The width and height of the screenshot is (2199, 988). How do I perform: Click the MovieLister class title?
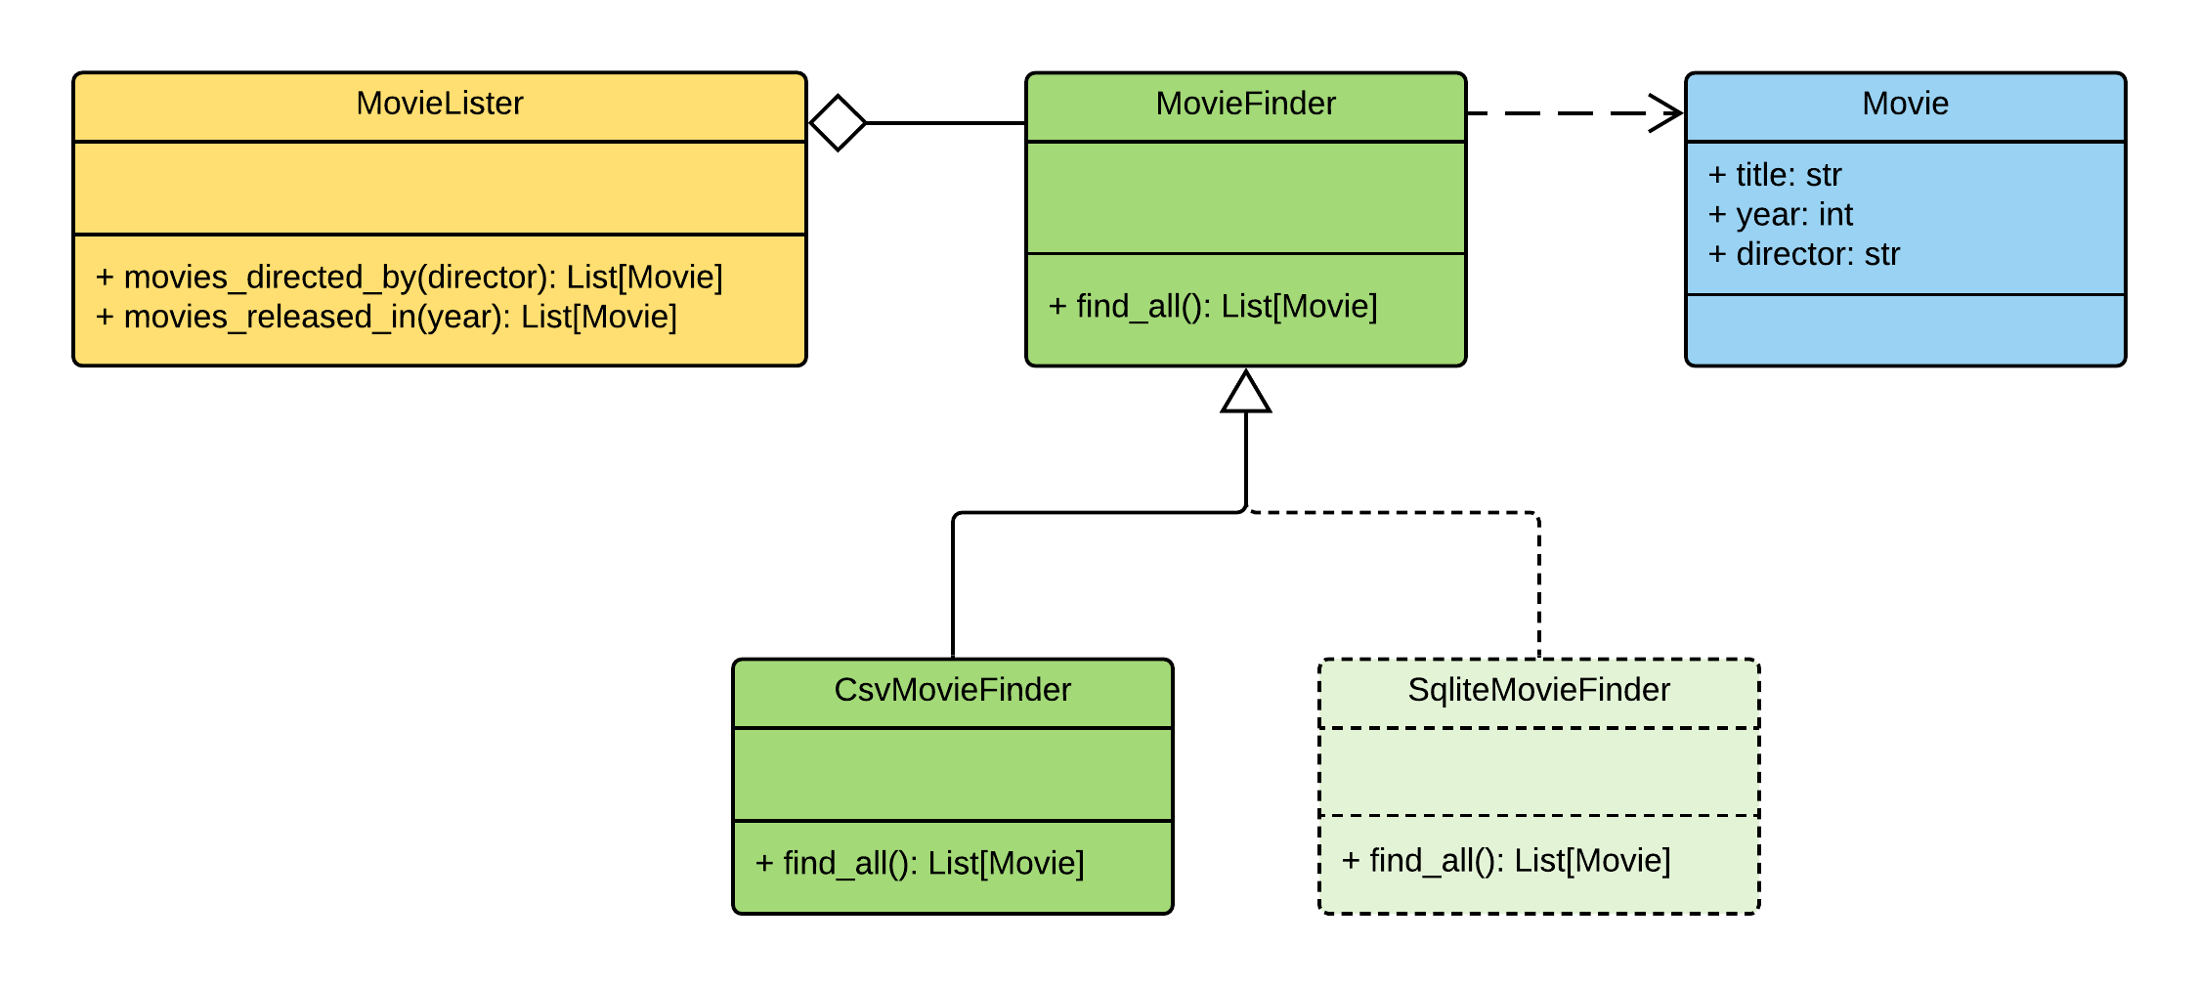(440, 104)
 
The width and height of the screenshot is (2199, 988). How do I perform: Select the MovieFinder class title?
(1245, 104)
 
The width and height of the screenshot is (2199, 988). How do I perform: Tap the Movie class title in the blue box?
(1905, 104)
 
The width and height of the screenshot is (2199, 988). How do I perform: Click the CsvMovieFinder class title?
(952, 690)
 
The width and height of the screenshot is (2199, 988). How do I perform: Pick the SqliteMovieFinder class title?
(1538, 690)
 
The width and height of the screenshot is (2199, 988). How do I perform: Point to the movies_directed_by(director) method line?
(409, 278)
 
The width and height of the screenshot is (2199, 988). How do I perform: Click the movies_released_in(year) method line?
(386, 318)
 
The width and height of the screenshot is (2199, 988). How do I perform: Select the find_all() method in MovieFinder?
(1212, 307)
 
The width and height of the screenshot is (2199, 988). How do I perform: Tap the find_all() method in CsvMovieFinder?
(919, 864)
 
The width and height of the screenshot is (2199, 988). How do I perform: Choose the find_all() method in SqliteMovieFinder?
(1505, 861)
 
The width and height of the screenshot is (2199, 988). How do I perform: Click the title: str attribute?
(1774, 175)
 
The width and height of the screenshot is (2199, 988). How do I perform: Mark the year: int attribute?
(1780, 215)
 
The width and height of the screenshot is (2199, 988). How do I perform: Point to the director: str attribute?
(1803, 255)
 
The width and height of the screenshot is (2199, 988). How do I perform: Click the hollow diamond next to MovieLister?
(839, 123)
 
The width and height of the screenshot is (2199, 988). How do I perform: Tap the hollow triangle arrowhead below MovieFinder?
(1246, 393)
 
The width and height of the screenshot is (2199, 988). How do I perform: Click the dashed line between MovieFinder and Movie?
(1564, 113)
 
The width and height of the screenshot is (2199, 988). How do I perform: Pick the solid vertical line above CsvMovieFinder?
(953, 586)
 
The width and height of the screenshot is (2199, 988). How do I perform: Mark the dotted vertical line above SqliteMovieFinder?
(1539, 586)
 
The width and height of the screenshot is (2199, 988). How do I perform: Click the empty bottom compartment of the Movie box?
(1905, 330)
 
